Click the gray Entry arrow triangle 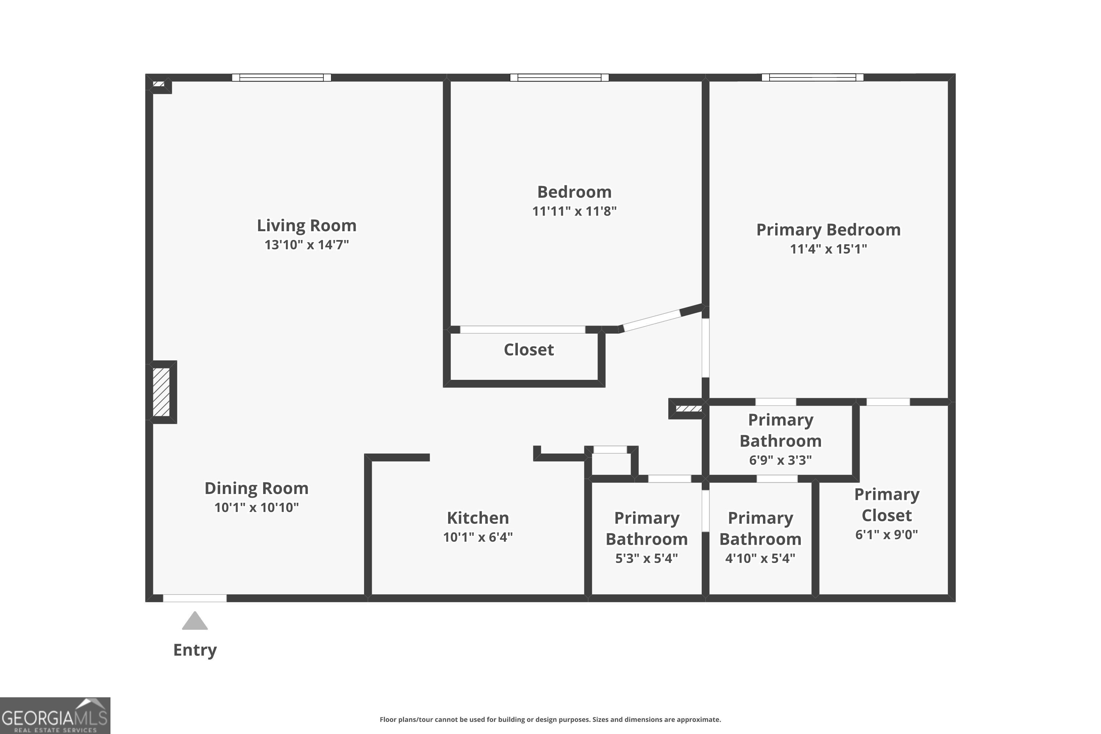(x=195, y=622)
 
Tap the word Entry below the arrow (x=195, y=650)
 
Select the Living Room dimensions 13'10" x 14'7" (x=306, y=245)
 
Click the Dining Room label (x=257, y=488)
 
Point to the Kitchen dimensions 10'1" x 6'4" (x=478, y=537)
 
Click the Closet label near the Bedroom (x=528, y=350)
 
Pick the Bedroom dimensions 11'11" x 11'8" (x=574, y=211)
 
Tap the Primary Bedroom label (x=828, y=230)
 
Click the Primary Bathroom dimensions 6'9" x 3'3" (x=780, y=460)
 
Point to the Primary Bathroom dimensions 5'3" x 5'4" (x=646, y=558)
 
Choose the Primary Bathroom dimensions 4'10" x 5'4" (x=760, y=558)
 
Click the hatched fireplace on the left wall (x=161, y=392)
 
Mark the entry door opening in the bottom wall (x=195, y=598)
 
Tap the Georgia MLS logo (x=55, y=716)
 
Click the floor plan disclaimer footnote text (x=550, y=719)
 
